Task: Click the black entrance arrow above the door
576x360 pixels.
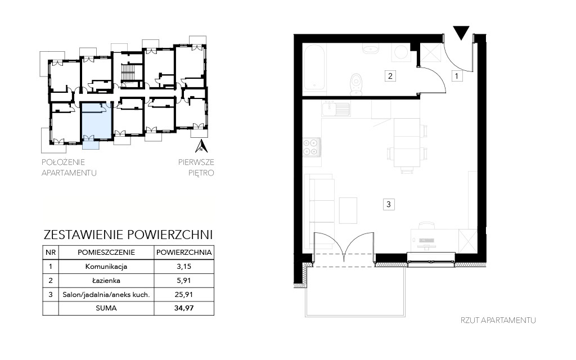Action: click(x=461, y=32)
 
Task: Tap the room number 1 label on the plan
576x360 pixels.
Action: click(x=457, y=76)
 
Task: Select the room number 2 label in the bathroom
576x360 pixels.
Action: click(x=390, y=76)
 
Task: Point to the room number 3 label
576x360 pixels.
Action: click(x=389, y=204)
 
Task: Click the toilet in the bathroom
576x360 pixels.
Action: click(x=356, y=84)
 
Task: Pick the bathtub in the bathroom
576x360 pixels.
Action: click(x=314, y=67)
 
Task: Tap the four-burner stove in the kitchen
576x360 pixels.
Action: click(x=310, y=147)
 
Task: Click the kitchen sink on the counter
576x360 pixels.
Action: click(x=336, y=109)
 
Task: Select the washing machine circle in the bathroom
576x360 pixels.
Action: click(x=400, y=52)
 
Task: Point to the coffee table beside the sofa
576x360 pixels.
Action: click(x=348, y=210)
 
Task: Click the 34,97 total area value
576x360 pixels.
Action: click(x=184, y=308)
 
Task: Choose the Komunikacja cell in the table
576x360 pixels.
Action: click(x=106, y=266)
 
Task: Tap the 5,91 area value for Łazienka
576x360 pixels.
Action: click(x=184, y=281)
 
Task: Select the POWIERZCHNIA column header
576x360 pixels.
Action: click(x=184, y=253)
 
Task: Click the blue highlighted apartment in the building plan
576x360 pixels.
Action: click(x=96, y=121)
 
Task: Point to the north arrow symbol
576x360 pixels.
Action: click(x=201, y=146)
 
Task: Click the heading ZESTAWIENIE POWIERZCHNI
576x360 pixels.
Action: click(x=128, y=235)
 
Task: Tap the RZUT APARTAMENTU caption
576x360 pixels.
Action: click(x=498, y=320)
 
